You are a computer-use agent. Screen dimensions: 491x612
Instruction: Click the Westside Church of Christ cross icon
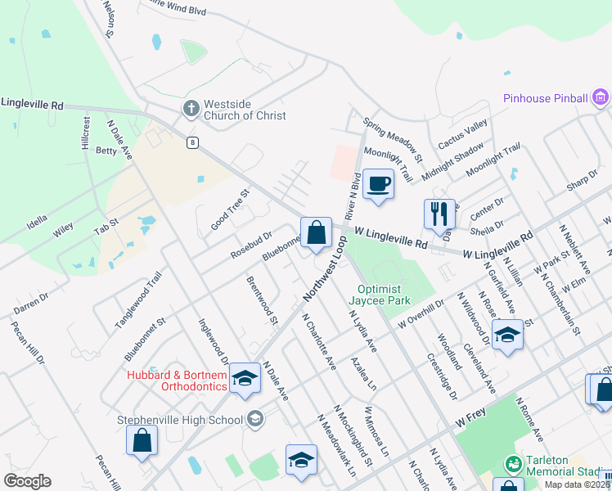pyautogui.click(x=191, y=108)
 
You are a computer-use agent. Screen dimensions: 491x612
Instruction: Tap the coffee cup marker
pyautogui.click(x=378, y=183)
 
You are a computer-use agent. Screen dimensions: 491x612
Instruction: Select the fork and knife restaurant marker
pyautogui.click(x=439, y=214)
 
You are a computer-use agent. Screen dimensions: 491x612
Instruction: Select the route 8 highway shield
pyautogui.click(x=192, y=142)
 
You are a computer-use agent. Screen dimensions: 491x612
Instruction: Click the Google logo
pyautogui.click(x=27, y=481)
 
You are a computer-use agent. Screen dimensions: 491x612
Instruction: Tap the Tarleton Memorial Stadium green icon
pyautogui.click(x=514, y=463)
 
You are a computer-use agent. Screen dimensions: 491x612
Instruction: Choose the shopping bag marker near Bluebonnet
pyautogui.click(x=316, y=232)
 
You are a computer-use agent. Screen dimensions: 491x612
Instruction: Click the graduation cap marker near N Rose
pyautogui.click(x=507, y=335)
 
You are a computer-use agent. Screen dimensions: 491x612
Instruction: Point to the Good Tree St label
pyautogui.click(x=229, y=209)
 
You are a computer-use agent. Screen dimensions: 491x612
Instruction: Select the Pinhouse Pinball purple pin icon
pyautogui.click(x=601, y=98)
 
